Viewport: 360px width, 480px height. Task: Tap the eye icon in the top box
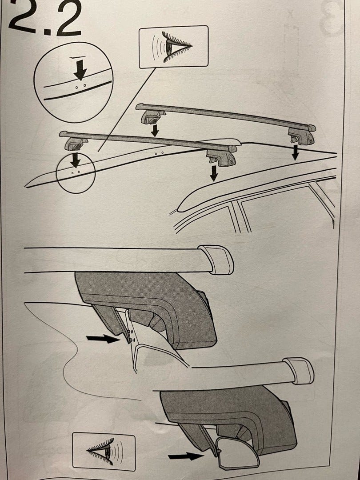click(x=173, y=47)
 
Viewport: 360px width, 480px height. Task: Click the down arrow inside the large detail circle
click(x=80, y=69)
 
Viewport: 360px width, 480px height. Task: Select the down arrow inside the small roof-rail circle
click(x=75, y=160)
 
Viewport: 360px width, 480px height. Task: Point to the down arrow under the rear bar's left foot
click(x=155, y=130)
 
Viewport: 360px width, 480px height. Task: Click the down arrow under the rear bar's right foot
click(x=295, y=152)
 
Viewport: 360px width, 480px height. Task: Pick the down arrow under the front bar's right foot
click(x=214, y=173)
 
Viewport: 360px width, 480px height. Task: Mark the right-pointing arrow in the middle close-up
click(x=103, y=338)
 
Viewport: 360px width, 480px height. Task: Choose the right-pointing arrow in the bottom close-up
click(x=186, y=456)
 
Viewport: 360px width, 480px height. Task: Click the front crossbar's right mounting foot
click(x=221, y=157)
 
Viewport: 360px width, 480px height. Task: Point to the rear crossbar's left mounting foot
click(x=152, y=116)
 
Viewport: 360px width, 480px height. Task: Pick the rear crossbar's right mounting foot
click(x=301, y=136)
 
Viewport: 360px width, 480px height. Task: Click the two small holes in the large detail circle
click(x=80, y=88)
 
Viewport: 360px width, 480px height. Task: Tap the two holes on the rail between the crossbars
click(x=159, y=153)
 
